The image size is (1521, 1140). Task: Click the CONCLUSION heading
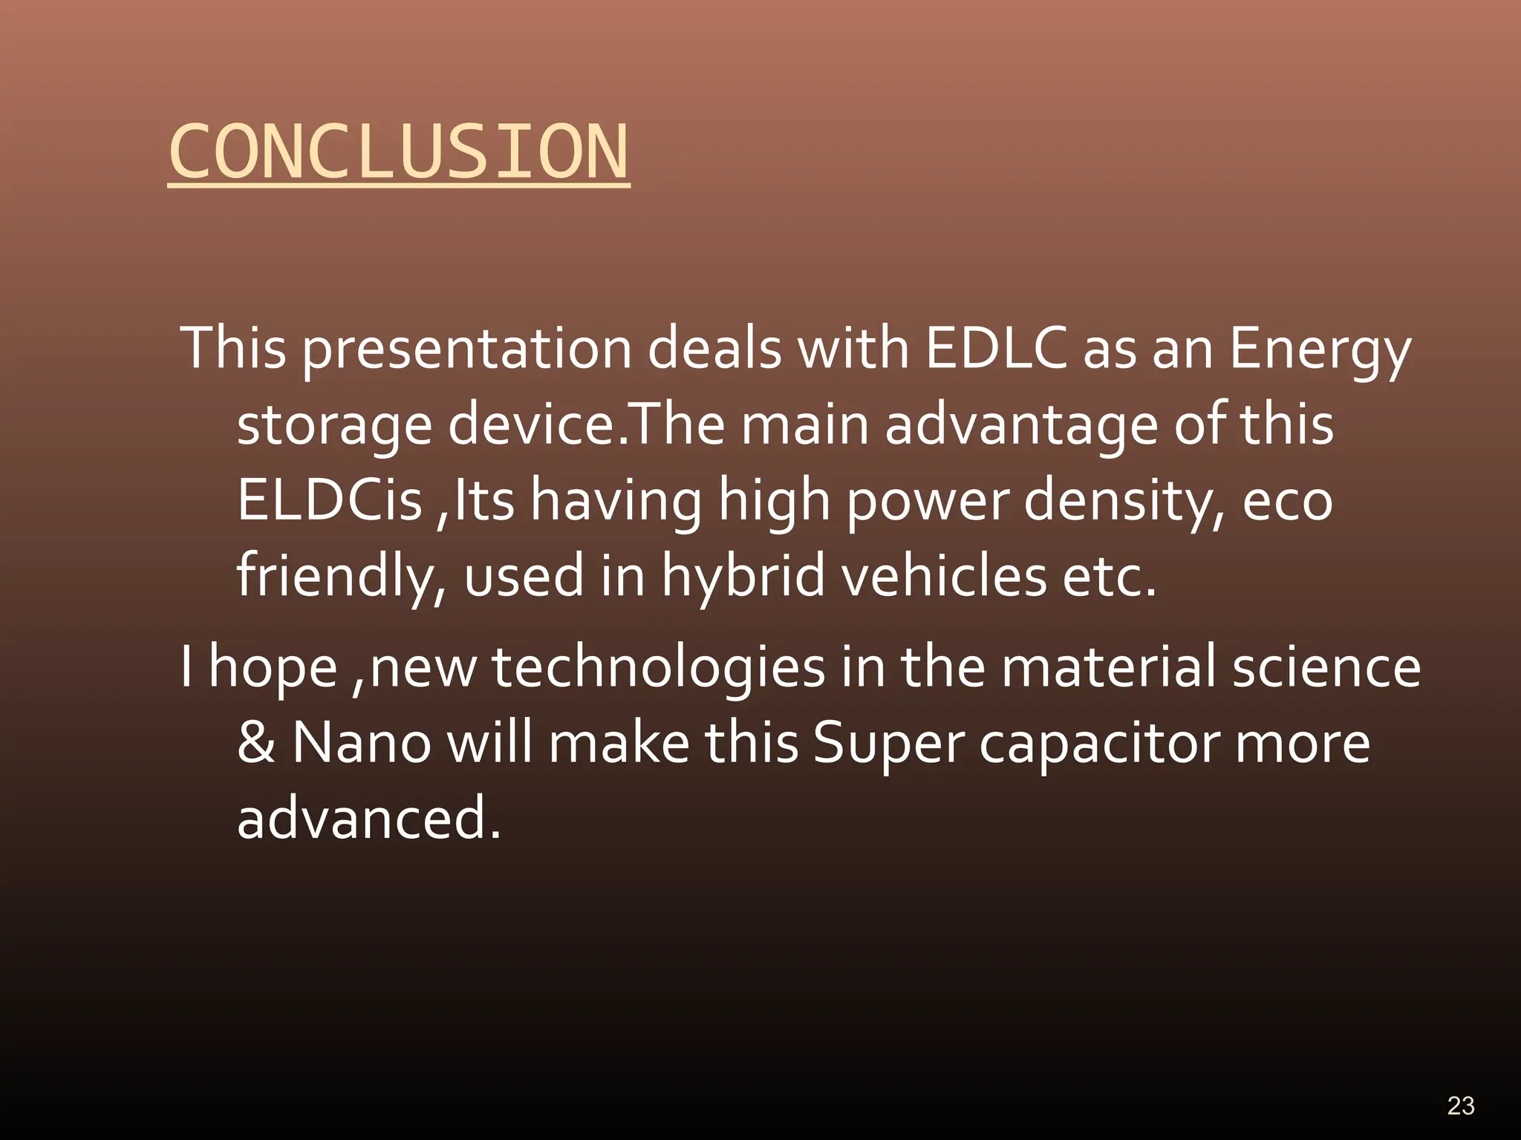pyautogui.click(x=399, y=152)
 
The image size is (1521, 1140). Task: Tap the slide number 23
pyautogui.click(x=1460, y=1106)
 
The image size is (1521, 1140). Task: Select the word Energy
pyautogui.click(x=1320, y=350)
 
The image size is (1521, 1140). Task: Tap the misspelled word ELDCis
pyautogui.click(x=329, y=500)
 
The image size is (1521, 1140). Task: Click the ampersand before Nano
pyautogui.click(x=255, y=744)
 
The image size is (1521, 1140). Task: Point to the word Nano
pyautogui.click(x=361, y=744)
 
